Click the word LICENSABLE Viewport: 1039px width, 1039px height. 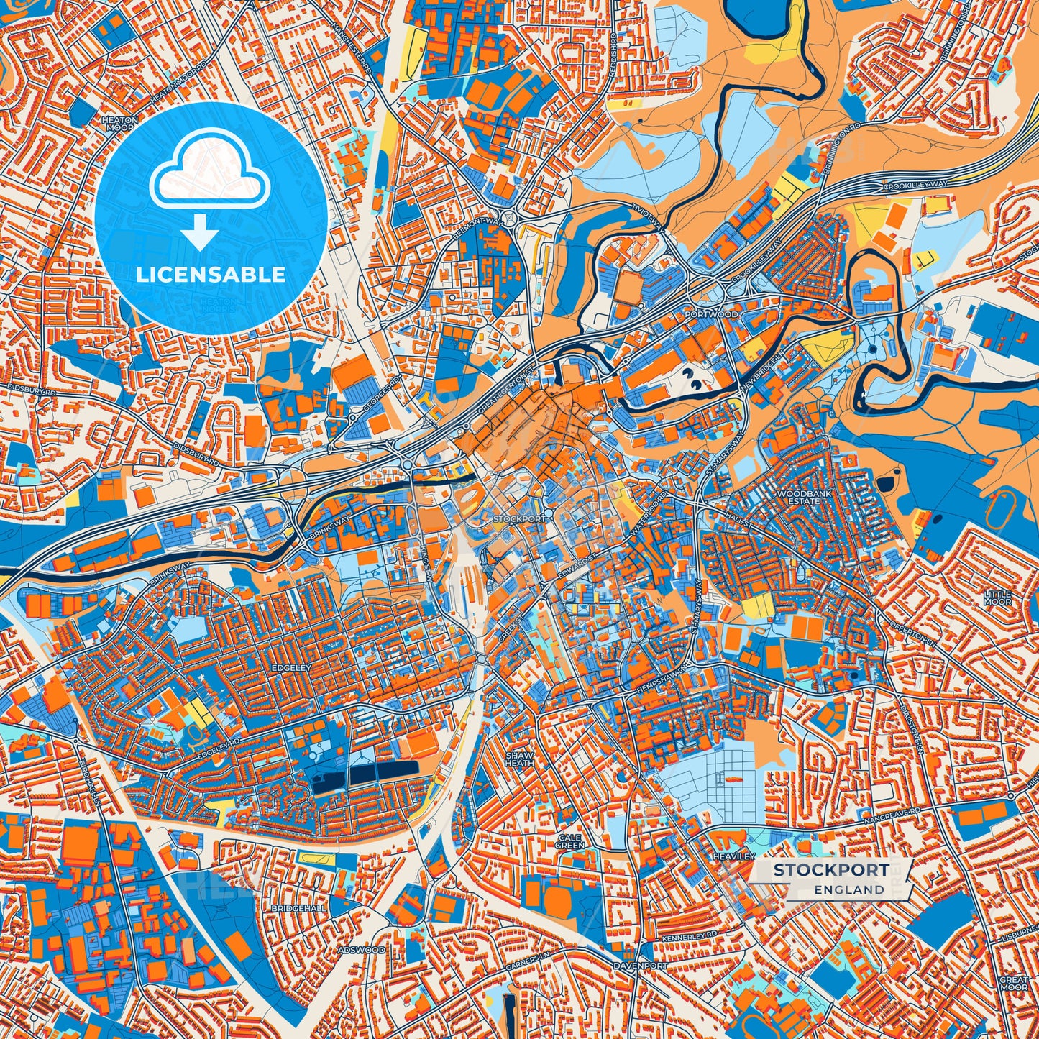211,275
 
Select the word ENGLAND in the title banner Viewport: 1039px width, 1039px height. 849,889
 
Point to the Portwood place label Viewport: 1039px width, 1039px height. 710,314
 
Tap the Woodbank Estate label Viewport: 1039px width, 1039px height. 797,498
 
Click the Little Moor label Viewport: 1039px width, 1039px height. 997,598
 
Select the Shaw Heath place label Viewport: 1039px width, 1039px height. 519,759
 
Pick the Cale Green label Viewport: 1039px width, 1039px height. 569,841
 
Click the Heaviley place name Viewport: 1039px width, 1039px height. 733,856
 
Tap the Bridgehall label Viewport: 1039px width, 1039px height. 298,908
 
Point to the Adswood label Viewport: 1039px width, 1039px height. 362,950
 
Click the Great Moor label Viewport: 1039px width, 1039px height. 1014,984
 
